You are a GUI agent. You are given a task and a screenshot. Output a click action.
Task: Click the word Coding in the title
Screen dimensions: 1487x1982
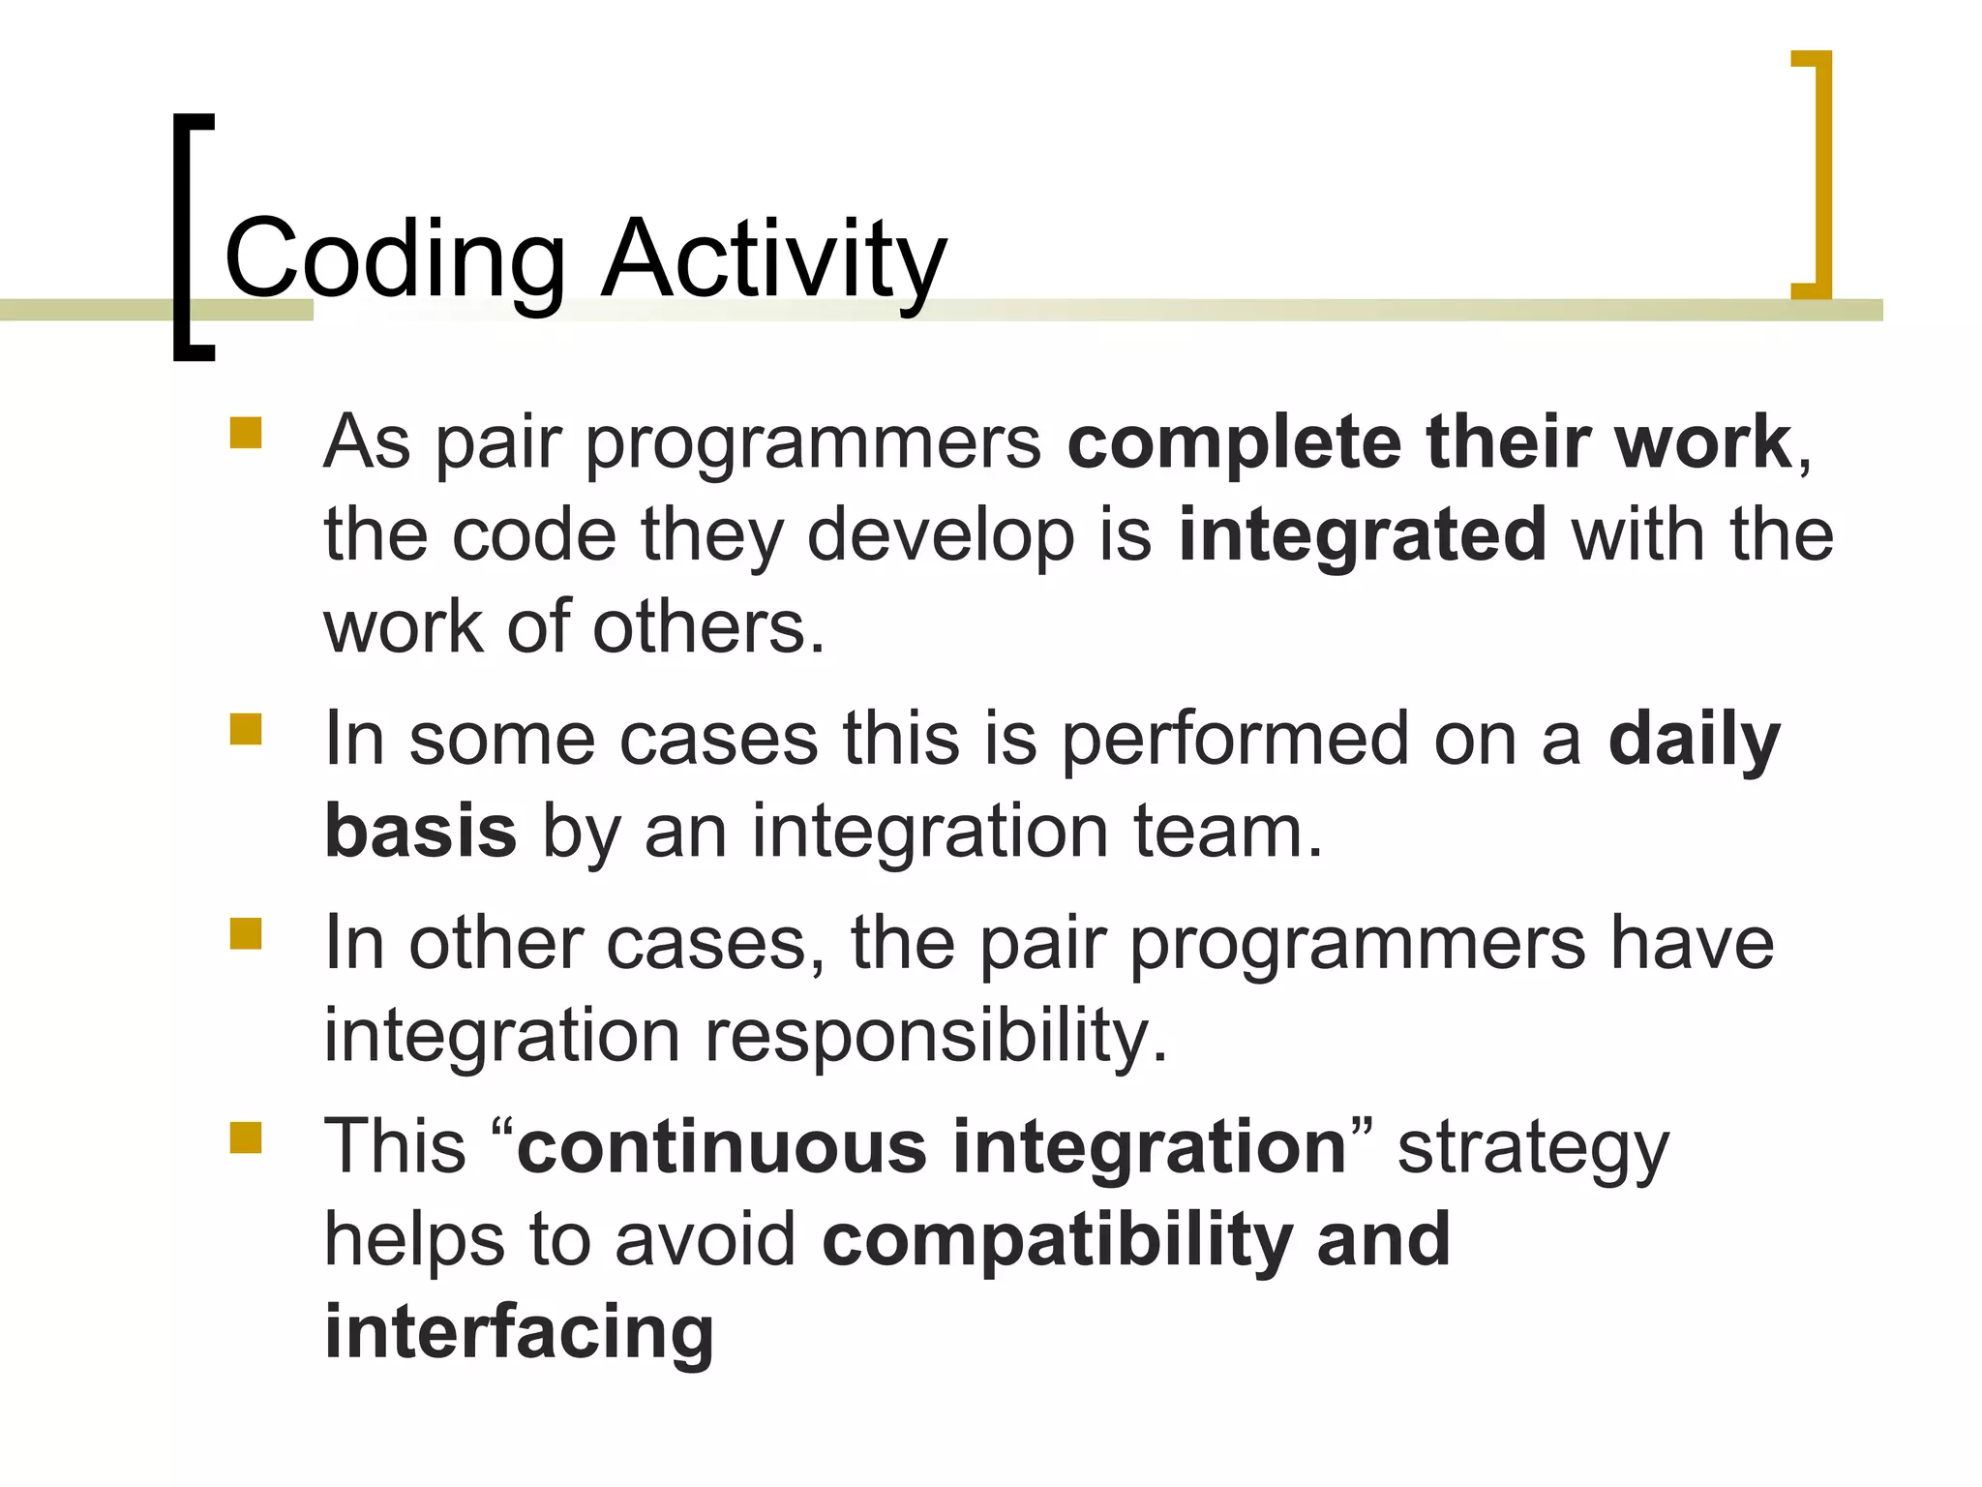(x=395, y=259)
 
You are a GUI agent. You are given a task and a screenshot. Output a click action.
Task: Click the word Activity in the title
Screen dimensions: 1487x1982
(x=772, y=259)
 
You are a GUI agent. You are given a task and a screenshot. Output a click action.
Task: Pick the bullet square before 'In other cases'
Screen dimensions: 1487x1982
(x=246, y=934)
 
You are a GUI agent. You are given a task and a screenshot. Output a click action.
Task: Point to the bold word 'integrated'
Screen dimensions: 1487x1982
(x=1362, y=535)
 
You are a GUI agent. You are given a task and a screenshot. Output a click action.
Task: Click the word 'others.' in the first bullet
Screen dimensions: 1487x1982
(x=708, y=627)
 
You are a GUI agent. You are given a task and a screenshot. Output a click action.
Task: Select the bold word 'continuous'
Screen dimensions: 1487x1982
(x=722, y=1147)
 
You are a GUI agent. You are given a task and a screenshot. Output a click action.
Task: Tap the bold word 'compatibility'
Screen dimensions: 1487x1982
(x=1057, y=1240)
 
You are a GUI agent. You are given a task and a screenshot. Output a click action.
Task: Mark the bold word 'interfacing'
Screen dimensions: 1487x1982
(x=519, y=1333)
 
